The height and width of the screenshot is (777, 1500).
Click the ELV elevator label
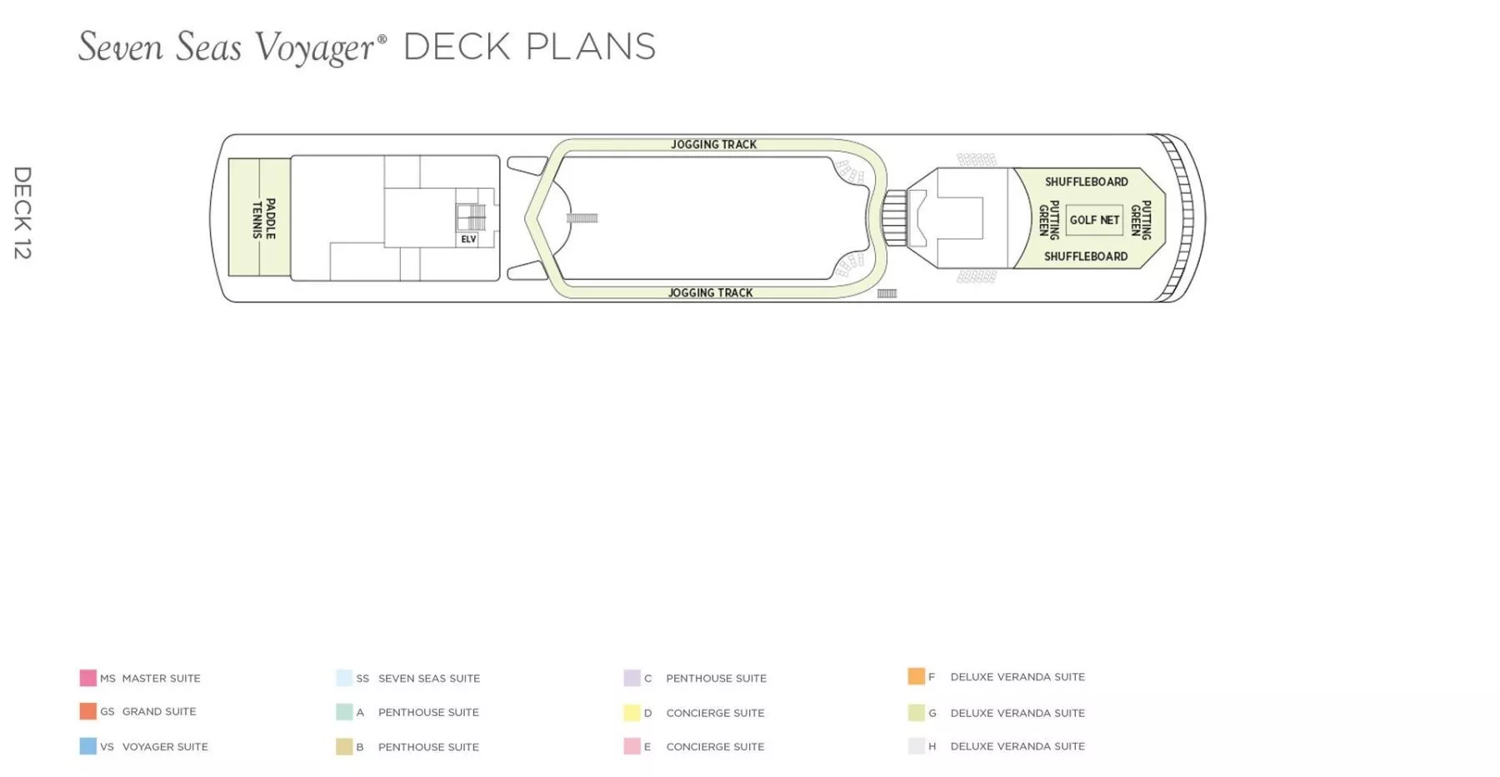468,239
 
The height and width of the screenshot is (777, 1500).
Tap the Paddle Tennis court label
263,218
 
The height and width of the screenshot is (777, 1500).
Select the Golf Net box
1094,220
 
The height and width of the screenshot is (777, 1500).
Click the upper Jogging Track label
713,144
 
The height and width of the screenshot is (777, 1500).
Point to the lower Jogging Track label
710,292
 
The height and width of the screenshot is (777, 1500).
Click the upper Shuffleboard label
1087,182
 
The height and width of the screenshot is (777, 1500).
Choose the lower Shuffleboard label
1086,257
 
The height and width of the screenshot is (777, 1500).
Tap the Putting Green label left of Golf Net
1048,220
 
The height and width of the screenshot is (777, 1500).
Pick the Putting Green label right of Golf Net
1141,220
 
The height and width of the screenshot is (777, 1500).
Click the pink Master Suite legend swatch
87,678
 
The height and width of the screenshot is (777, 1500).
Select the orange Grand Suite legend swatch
87,711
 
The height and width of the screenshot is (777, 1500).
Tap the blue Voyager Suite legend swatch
87,746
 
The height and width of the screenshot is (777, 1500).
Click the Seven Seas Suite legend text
429,679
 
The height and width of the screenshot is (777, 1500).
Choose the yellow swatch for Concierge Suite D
632,713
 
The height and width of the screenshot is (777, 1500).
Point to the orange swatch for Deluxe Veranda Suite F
917,676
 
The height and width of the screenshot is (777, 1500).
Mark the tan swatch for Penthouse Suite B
344,746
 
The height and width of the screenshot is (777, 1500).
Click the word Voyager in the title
315,47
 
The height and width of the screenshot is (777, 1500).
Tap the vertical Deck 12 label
22,212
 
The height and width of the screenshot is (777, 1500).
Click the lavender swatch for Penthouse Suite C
632,678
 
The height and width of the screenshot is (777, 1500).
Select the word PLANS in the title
591,47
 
